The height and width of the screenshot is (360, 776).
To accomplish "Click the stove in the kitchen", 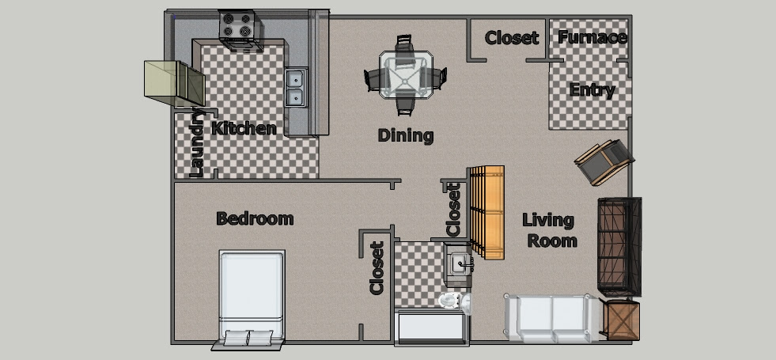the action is coord(240,31).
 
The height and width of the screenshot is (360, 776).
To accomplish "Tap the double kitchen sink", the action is coord(296,88).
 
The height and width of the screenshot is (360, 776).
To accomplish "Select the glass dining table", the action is coord(405,75).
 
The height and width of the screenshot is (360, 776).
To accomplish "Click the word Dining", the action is coord(406,135).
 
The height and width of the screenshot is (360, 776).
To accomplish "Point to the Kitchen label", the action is coord(244,128).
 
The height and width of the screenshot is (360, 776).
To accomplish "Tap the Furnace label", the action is coord(592,37).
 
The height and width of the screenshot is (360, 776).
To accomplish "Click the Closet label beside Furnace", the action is coord(512,38).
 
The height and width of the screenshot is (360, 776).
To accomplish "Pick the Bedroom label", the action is coord(255,218).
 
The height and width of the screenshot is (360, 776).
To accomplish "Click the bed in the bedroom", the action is coord(252,298).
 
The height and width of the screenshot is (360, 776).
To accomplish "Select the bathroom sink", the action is coord(459,263).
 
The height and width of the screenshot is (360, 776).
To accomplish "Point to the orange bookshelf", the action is coord(487,212).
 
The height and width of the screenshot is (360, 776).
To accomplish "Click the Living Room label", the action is coord(550,230).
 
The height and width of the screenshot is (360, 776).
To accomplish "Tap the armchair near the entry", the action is coord(604,161).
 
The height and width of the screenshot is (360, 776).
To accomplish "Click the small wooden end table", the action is coord(620,320).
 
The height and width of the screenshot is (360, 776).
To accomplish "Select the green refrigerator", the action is coord(174,83).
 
